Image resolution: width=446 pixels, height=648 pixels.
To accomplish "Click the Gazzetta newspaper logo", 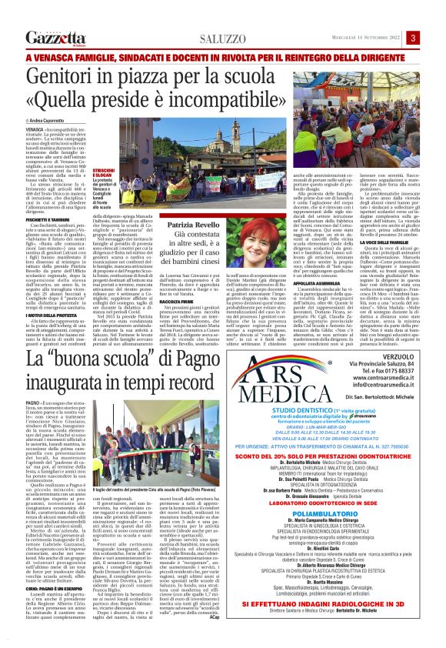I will click(56, 38).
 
